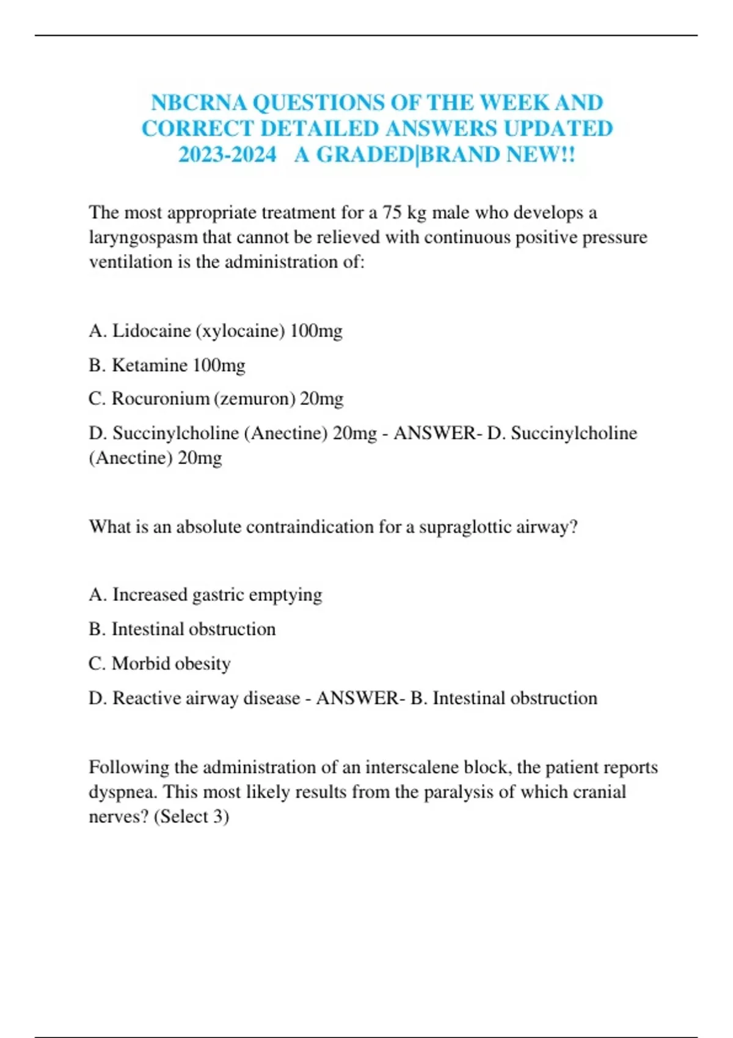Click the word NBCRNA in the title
click(x=199, y=103)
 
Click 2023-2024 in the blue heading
click(x=227, y=154)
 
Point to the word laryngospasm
click(x=144, y=238)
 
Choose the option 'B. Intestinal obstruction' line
click(x=182, y=629)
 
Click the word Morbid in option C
click(x=138, y=664)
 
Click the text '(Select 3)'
click(x=191, y=816)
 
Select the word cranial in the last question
click(x=599, y=792)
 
